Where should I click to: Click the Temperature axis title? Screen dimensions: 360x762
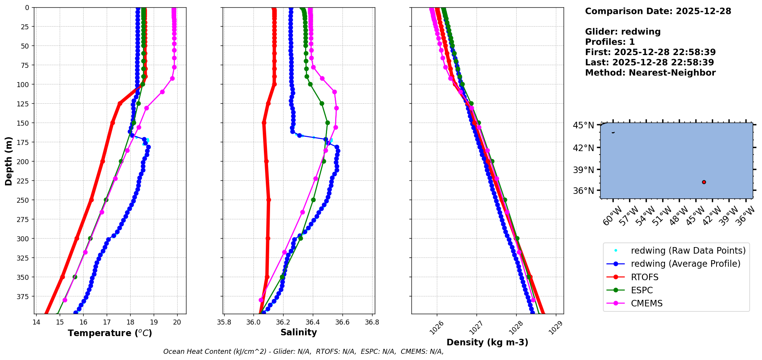coord(110,333)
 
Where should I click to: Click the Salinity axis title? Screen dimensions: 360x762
coord(299,332)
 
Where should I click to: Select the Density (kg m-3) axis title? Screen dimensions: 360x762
coord(487,342)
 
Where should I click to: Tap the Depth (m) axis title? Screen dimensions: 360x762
coord(8,161)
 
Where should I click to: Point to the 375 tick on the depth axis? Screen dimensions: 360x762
coord(24,296)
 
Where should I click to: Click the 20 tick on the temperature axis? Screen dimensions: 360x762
coord(177,322)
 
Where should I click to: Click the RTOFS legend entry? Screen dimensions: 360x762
coord(645,277)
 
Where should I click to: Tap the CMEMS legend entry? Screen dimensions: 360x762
coord(646,303)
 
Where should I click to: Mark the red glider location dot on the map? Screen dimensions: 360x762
coord(704,182)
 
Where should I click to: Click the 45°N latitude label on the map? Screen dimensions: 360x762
coord(583,125)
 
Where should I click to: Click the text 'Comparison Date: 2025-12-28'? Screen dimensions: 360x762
coord(658,11)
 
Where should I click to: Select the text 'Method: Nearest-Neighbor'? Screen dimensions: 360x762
coord(650,72)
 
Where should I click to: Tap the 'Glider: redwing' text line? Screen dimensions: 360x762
coord(623,32)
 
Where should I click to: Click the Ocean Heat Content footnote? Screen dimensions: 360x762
coord(303,352)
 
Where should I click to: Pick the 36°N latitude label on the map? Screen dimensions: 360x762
coord(583,191)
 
